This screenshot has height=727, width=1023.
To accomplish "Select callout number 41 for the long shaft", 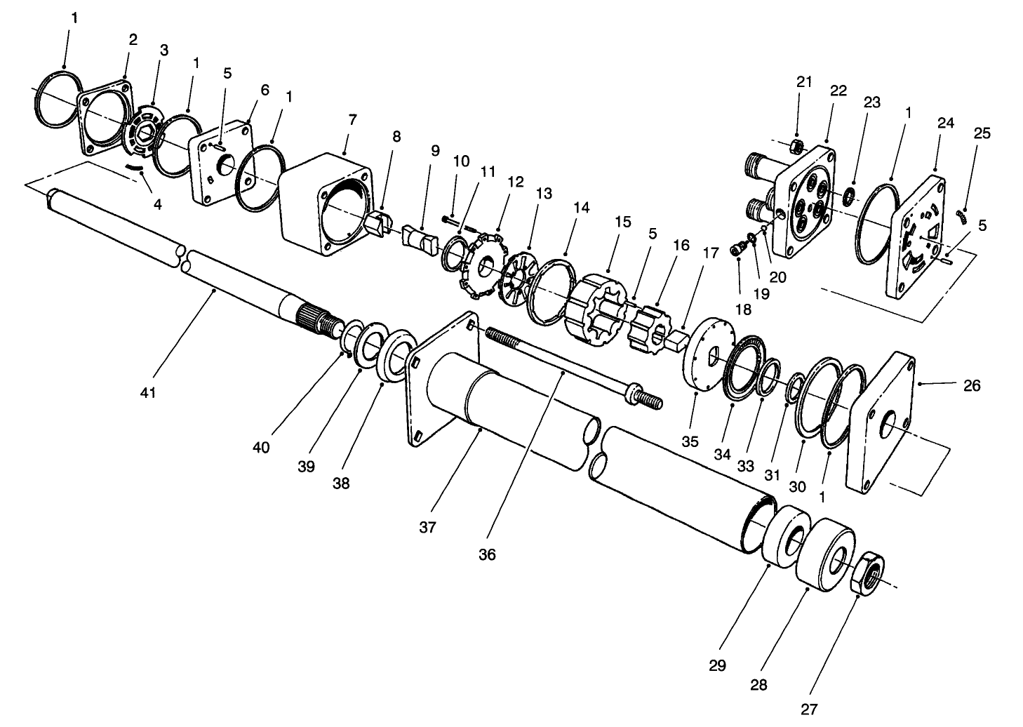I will tap(147, 393).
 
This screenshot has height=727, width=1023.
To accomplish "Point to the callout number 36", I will tap(487, 554).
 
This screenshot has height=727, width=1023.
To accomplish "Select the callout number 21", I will tap(803, 82).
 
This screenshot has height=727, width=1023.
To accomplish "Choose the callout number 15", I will tap(623, 222).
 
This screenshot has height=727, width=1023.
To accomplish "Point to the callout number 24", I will tap(945, 124).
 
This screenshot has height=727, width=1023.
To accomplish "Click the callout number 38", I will tap(342, 483).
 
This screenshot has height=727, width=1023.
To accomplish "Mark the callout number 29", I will tap(717, 665).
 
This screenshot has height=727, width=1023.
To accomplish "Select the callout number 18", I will tap(742, 309).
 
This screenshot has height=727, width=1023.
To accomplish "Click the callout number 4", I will tap(157, 204).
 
